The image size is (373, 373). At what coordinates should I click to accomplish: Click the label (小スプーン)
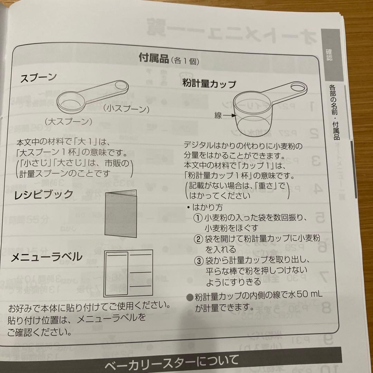click(126, 109)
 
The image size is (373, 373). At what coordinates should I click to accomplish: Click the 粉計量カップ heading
click(209, 84)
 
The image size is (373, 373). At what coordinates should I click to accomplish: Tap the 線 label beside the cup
click(218, 116)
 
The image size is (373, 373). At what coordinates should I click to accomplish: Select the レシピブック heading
click(44, 194)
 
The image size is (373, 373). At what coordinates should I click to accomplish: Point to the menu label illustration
click(128, 273)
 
